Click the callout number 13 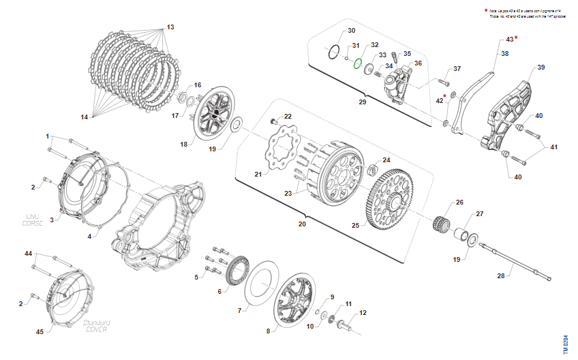[x=170, y=27]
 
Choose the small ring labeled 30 [x=333, y=52]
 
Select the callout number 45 [x=40, y=332]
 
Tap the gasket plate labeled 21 [x=280, y=152]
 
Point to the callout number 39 [x=541, y=67]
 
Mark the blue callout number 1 [x=48, y=136]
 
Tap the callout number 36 [x=418, y=63]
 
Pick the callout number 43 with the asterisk [x=510, y=40]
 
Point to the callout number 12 [x=363, y=312]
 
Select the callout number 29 [x=362, y=101]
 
